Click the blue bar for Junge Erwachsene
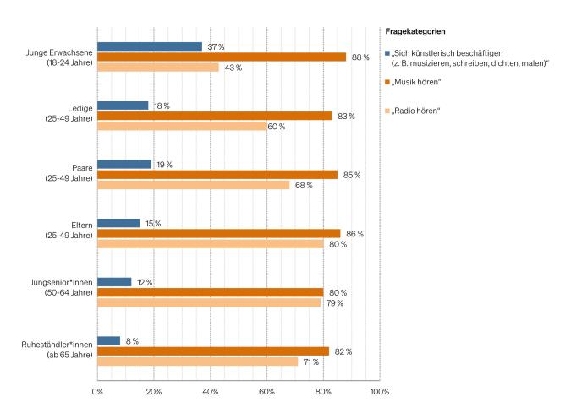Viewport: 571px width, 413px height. (x=150, y=46)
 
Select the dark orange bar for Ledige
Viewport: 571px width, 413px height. (x=214, y=116)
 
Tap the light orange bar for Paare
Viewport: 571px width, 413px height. (x=193, y=185)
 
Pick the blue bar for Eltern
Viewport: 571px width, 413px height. (x=118, y=223)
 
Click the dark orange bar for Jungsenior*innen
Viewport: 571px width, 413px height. (x=210, y=292)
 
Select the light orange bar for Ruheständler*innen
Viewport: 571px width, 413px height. (x=197, y=361)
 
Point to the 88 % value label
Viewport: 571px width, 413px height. (x=360, y=57)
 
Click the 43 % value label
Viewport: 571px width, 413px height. (x=232, y=68)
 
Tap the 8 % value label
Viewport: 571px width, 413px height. (x=132, y=341)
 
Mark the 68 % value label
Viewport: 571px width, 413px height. (x=303, y=185)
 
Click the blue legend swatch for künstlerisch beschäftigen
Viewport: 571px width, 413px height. (x=387, y=53)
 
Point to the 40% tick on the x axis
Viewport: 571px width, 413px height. (x=211, y=392)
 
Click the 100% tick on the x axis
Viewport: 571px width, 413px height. (x=379, y=392)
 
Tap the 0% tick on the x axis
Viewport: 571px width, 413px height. (x=97, y=392)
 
